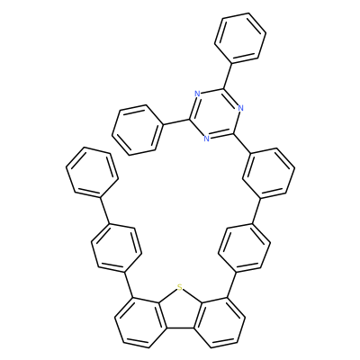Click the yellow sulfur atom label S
pos(179,288)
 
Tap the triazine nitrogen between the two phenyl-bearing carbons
pos(197,94)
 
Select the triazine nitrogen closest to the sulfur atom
pos(206,139)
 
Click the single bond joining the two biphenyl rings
pos(104,210)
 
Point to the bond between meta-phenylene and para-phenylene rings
pos(257,211)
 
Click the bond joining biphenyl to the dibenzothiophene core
pos(128,285)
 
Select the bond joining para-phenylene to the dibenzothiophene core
pos(231,284)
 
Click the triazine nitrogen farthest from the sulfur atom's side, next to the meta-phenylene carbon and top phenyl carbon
pos(240,108)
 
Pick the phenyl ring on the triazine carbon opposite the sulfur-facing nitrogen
pos(240,38)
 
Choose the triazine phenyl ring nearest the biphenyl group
pos(138,130)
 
